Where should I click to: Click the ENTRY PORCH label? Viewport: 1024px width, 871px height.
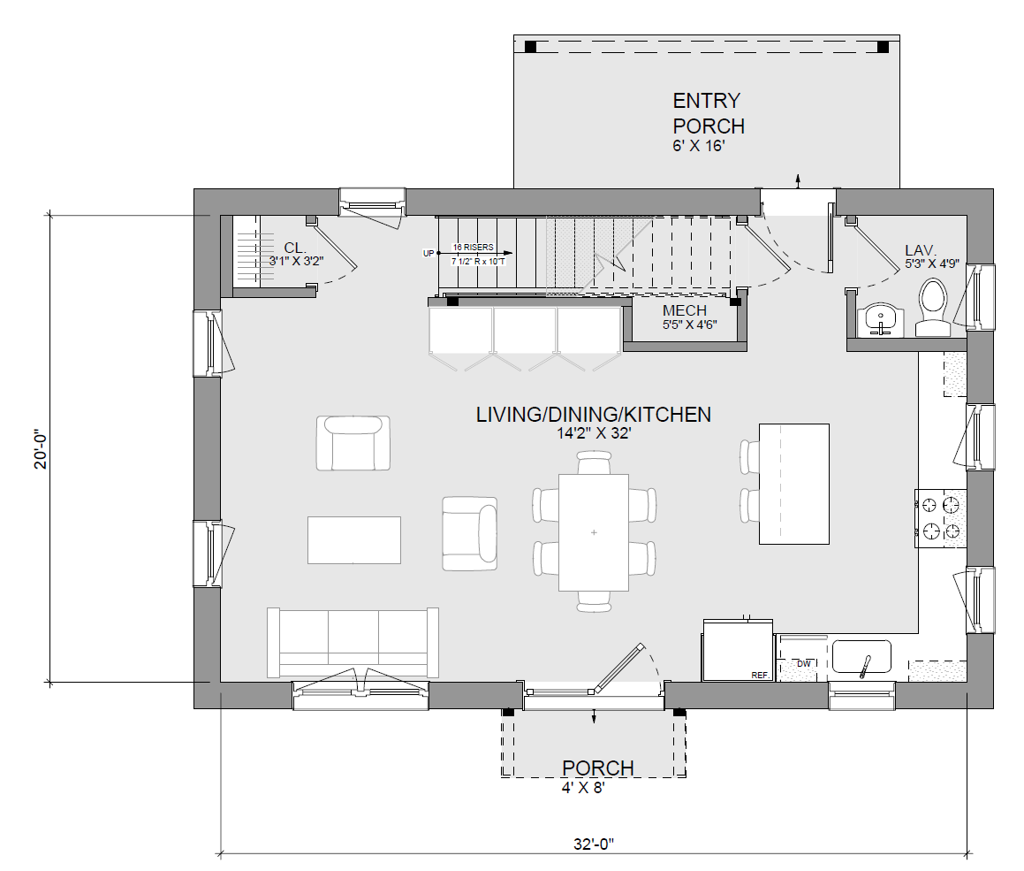709,113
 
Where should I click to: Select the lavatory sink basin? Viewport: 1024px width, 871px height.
880,320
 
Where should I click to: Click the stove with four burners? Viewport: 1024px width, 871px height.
940,518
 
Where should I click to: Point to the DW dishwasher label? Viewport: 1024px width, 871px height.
804,664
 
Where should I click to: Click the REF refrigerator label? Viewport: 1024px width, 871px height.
760,675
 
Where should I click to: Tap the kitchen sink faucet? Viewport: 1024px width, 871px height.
865,666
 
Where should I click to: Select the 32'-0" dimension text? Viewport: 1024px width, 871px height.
594,844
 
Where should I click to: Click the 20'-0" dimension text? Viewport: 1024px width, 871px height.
42,449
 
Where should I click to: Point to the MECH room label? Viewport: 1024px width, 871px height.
685,310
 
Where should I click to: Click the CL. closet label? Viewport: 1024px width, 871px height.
295,248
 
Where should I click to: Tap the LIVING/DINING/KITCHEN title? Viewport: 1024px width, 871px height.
594,414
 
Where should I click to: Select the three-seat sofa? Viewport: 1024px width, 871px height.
353,643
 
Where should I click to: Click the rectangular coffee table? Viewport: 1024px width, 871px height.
354,539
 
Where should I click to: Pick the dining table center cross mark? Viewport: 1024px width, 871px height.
594,532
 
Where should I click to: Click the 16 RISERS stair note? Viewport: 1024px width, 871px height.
474,248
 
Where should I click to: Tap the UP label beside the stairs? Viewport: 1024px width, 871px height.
429,254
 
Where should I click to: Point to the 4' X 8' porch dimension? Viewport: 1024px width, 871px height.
583,788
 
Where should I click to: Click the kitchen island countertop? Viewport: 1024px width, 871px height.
794,485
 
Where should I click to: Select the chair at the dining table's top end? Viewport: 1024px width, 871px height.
595,462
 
